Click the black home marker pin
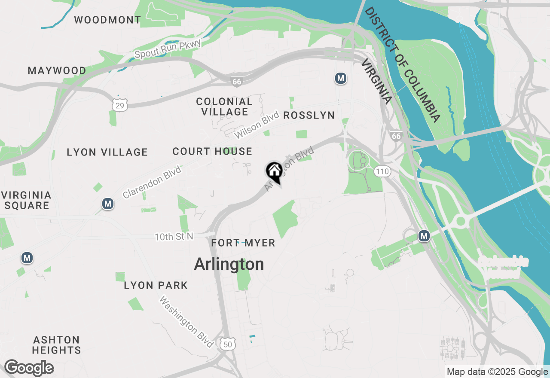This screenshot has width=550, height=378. (274, 171)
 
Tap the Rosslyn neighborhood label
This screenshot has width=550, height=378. (309, 115)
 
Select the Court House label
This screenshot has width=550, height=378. (212, 151)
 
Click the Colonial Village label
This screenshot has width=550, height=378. (224, 107)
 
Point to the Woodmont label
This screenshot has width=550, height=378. (107, 20)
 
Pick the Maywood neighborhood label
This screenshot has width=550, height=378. (57, 70)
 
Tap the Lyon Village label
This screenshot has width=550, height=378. (107, 152)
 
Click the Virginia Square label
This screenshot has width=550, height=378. (27, 200)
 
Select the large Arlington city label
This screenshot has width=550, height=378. (229, 264)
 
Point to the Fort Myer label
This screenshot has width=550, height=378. (243, 243)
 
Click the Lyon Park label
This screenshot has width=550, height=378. (156, 285)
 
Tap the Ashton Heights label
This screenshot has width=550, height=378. (57, 345)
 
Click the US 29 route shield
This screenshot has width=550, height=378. (120, 104)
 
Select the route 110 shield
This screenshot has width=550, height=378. (382, 172)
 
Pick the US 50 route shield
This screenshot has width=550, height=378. (228, 344)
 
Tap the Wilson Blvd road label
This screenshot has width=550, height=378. (257, 125)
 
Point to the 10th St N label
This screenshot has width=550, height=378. (174, 236)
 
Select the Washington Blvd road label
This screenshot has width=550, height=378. (186, 322)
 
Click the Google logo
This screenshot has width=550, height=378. (29, 368)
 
